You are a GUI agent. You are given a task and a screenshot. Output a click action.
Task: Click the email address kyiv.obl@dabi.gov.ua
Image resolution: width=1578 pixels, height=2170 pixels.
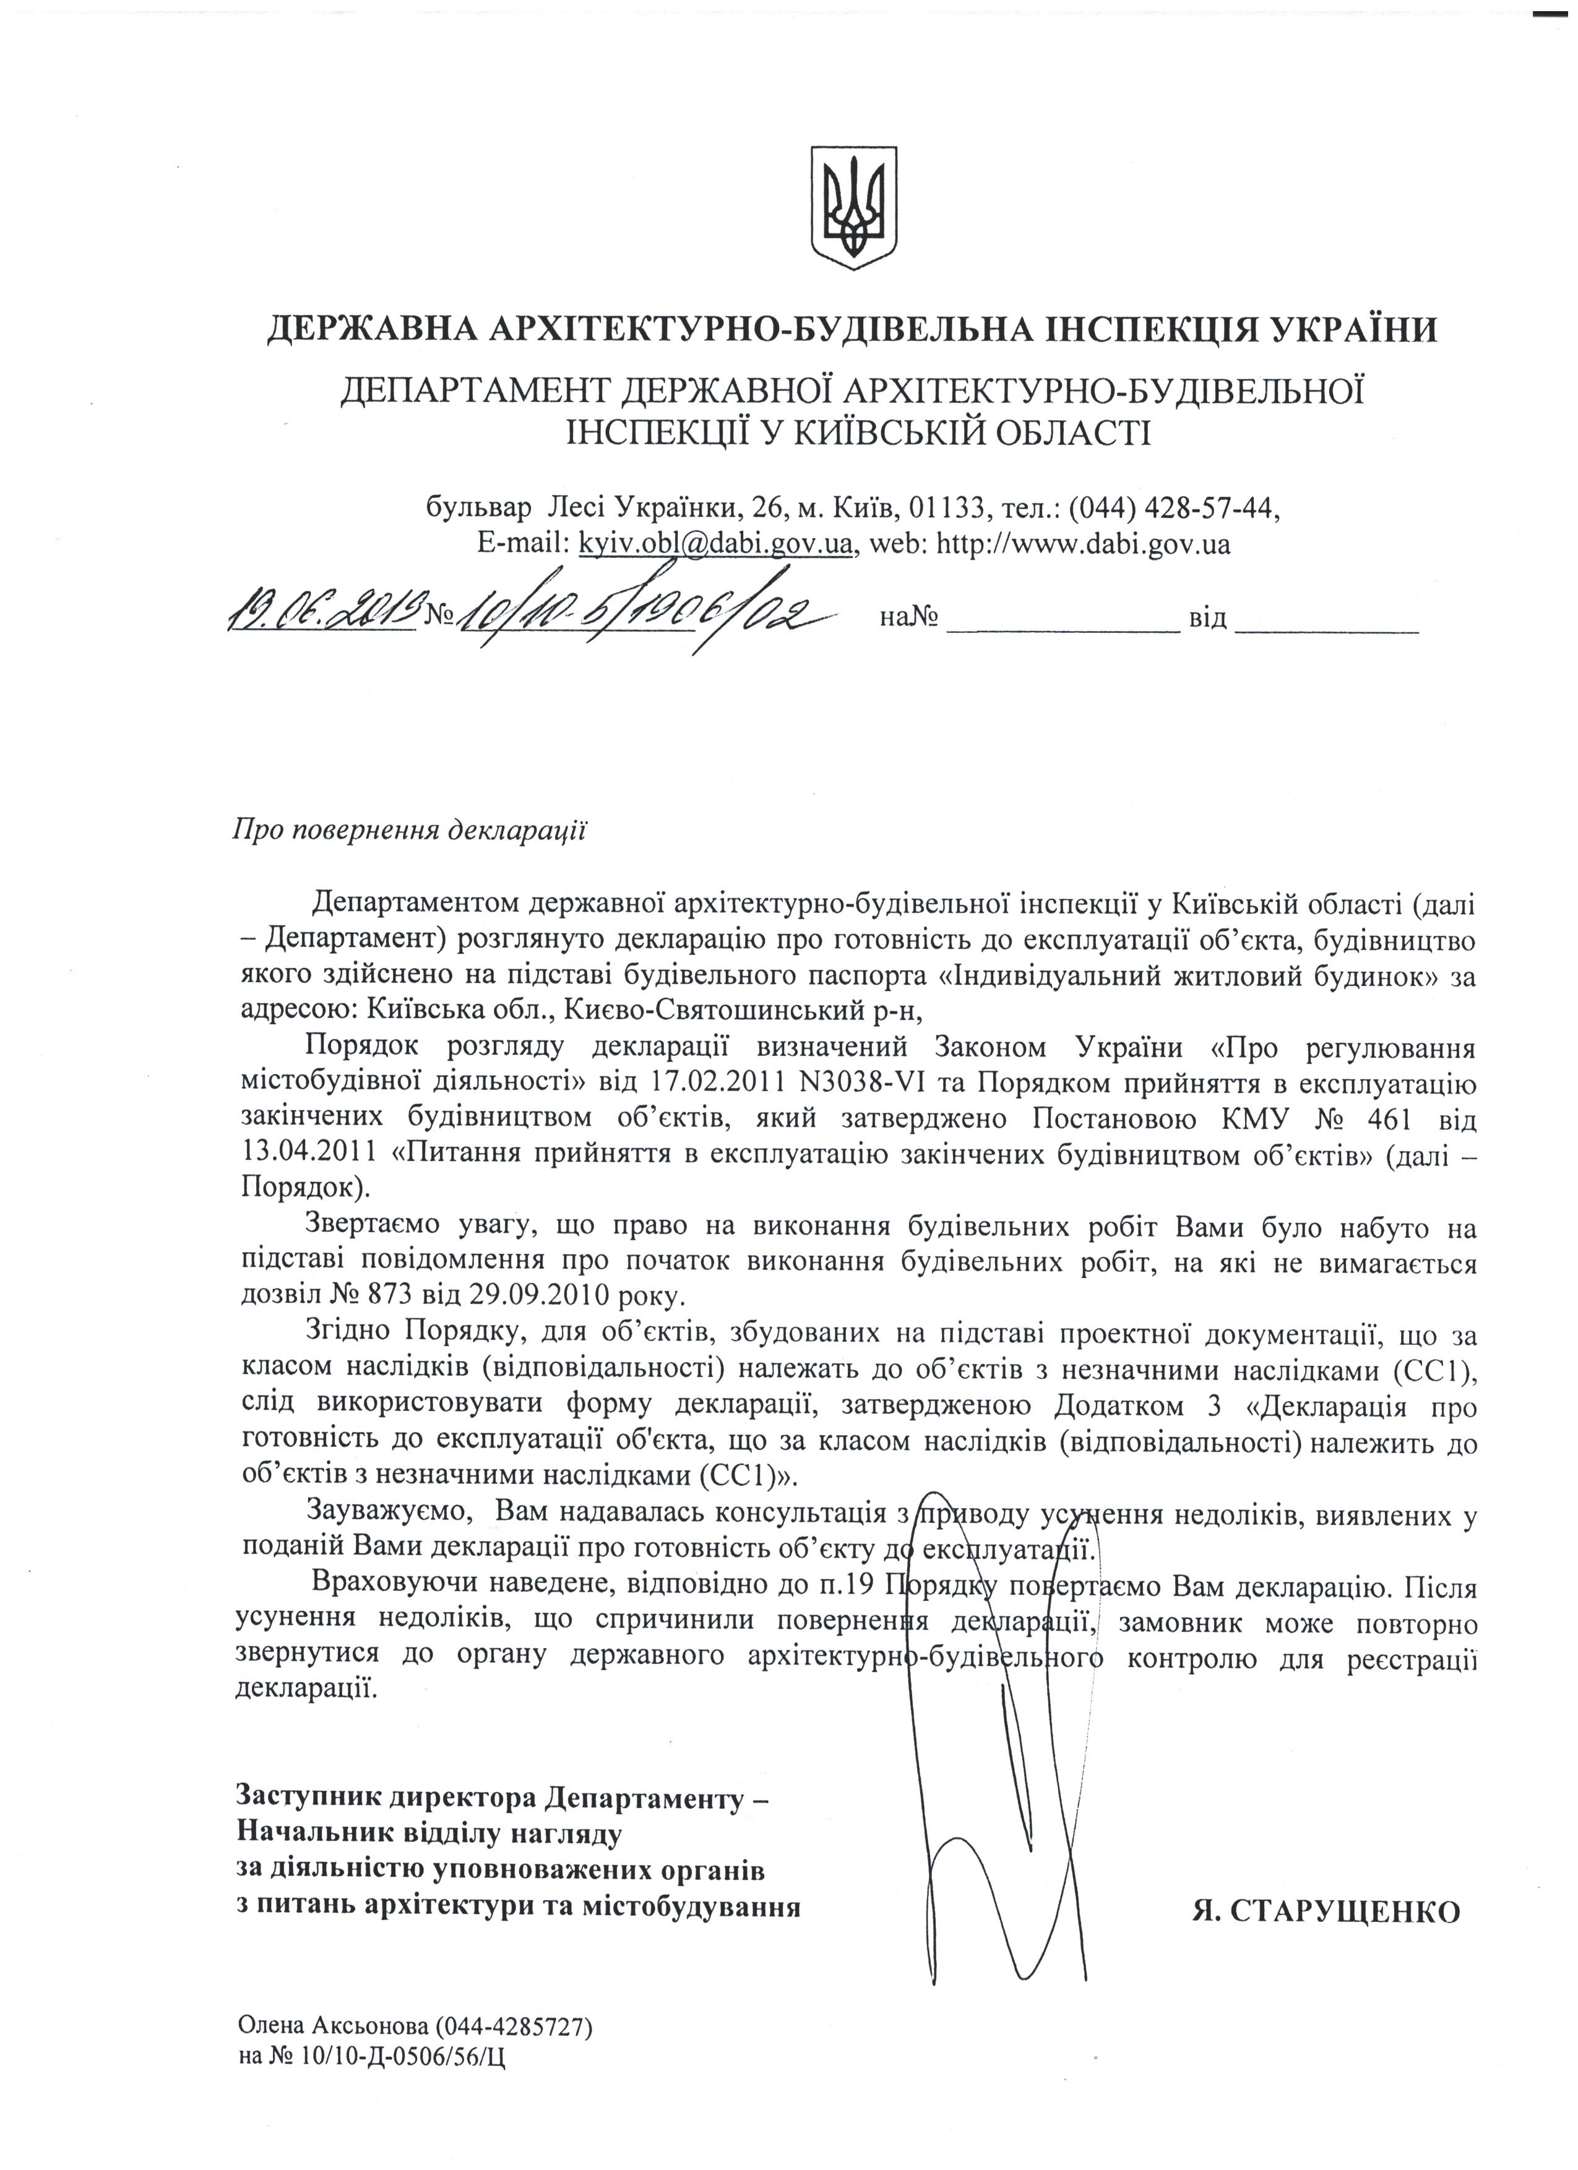point(715,544)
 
